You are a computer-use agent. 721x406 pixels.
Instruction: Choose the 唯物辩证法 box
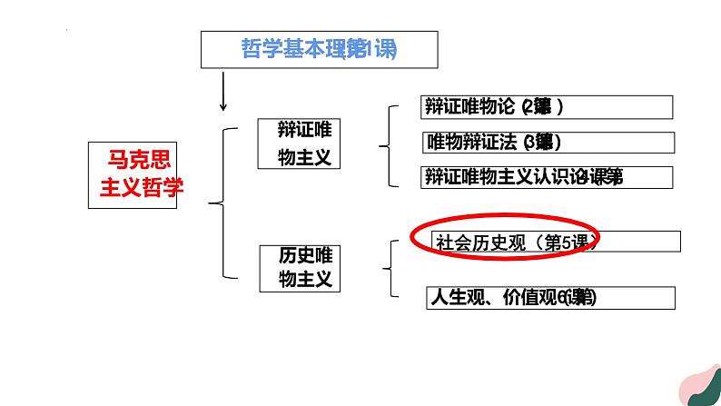(548, 143)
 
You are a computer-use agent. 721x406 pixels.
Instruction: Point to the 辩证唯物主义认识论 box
(548, 177)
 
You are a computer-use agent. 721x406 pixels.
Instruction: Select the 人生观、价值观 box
(550, 297)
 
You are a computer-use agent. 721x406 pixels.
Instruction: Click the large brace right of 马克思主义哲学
(218, 203)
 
